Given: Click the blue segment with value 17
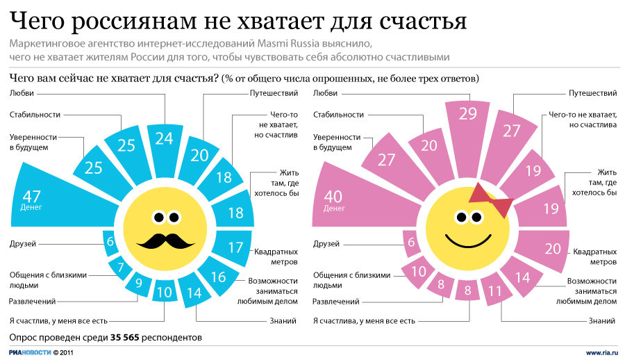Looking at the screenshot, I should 235,247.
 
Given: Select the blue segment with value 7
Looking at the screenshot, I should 121,267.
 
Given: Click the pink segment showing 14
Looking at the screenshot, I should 522,278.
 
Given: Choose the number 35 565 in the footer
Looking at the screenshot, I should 128,338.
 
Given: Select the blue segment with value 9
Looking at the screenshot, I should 138,283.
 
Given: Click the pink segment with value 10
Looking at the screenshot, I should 418,270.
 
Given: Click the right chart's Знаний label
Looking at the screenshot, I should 601,321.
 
